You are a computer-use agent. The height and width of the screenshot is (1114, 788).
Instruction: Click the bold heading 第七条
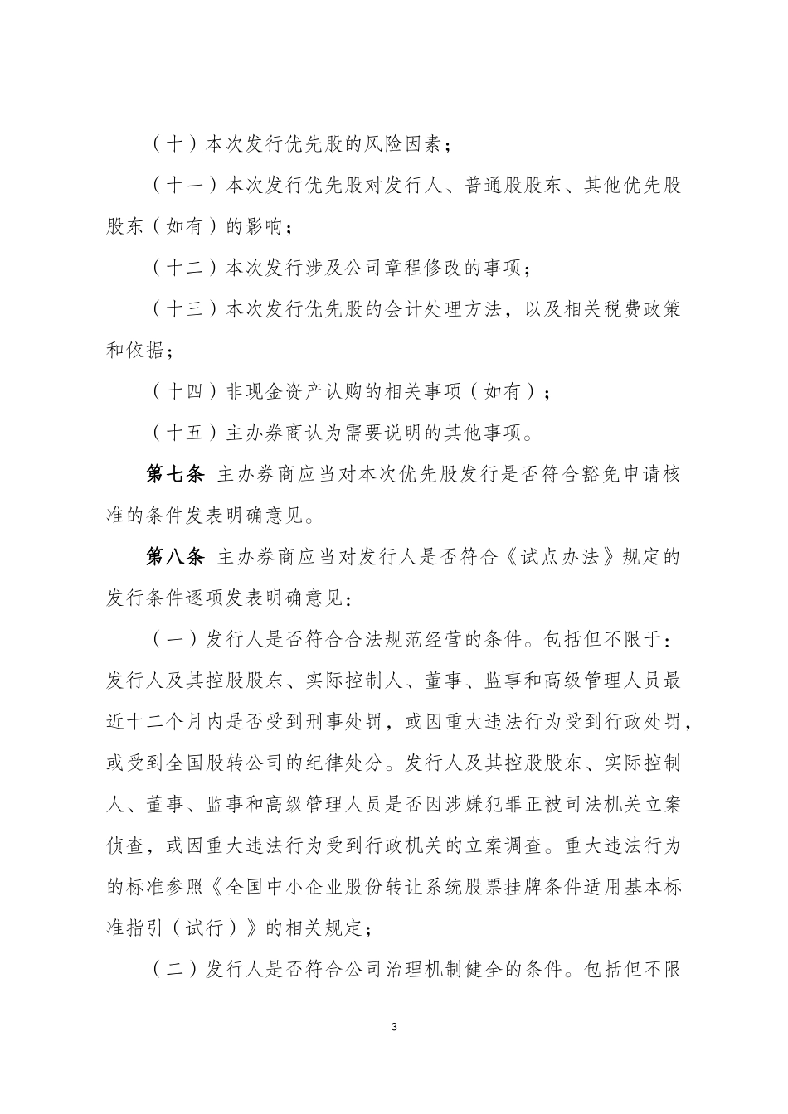coord(175,475)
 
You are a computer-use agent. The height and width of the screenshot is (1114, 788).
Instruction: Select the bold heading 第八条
coord(175,557)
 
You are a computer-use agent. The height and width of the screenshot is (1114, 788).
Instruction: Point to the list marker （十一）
coord(186,186)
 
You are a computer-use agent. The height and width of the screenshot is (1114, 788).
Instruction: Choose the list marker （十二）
coord(186,268)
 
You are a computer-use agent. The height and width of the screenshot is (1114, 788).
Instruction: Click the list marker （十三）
coord(186,309)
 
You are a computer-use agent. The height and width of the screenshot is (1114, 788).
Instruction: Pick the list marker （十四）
coord(186,392)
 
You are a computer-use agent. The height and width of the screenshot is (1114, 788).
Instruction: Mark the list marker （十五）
coord(186,433)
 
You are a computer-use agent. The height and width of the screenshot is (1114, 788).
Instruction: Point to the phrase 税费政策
coord(641,309)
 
